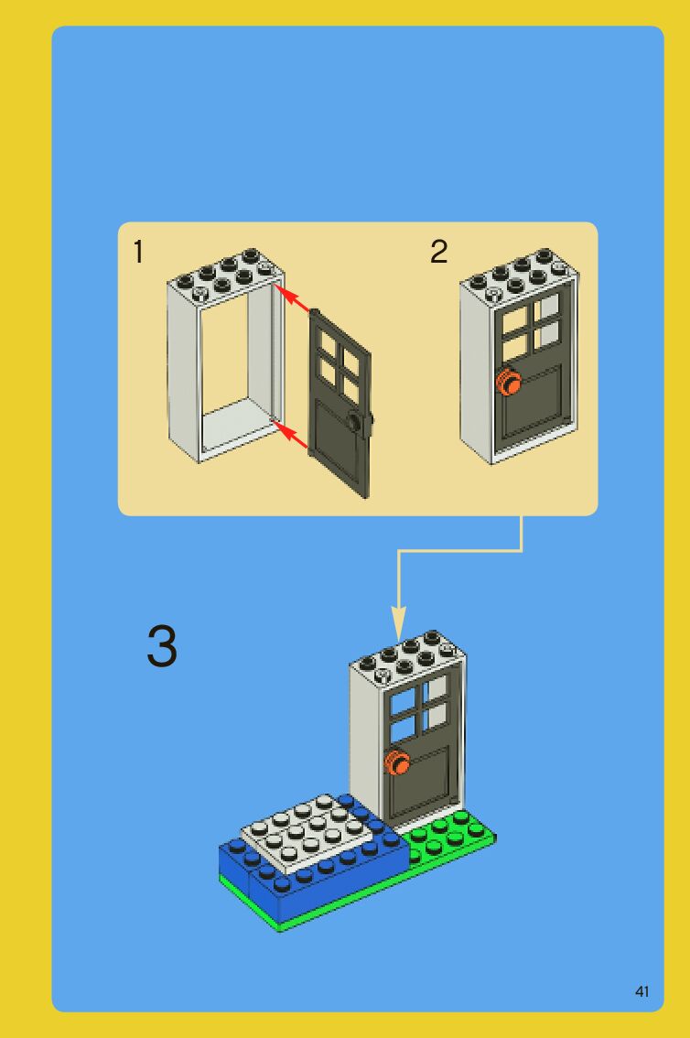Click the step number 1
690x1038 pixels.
[x=137, y=252]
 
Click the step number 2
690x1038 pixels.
[x=438, y=252]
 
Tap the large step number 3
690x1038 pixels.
[x=162, y=645]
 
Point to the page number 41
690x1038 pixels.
[x=641, y=991]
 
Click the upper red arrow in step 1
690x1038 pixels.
[x=293, y=298]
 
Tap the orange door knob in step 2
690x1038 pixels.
[x=508, y=382]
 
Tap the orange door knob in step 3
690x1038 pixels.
[x=397, y=763]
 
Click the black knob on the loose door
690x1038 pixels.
[x=359, y=422]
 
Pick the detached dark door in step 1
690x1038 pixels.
[x=340, y=404]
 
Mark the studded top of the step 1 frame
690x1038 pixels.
[x=226, y=276]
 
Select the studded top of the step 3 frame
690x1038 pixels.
[x=408, y=656]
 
